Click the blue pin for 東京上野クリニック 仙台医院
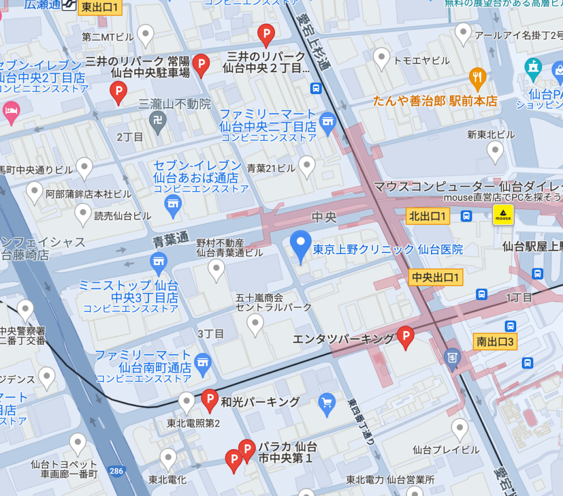pyautogui.click(x=300, y=245)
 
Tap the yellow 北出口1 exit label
pyautogui.click(x=428, y=216)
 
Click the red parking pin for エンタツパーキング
pyautogui.click(x=405, y=337)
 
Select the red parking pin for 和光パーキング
pyautogui.click(x=209, y=400)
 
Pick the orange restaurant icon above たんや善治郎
pyautogui.click(x=477, y=78)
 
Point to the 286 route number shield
pyautogui.click(x=117, y=471)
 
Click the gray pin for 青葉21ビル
pyautogui.click(x=306, y=165)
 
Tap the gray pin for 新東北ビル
pyautogui.click(x=495, y=151)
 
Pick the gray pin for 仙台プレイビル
pyautogui.click(x=460, y=428)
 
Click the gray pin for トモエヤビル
pyautogui.click(x=382, y=57)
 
